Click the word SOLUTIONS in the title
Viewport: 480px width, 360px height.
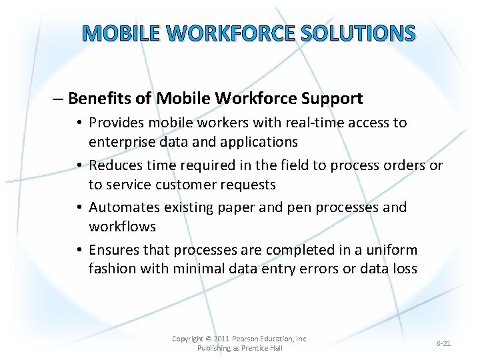(x=359, y=33)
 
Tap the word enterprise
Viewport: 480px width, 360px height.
(x=121, y=142)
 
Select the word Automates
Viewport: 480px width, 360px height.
(x=121, y=207)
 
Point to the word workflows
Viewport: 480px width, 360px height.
(x=122, y=227)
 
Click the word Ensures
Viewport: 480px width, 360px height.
(x=113, y=250)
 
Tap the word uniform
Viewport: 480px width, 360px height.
(x=392, y=250)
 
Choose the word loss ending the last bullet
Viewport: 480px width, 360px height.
(x=404, y=269)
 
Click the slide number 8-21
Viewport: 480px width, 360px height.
(x=443, y=343)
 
